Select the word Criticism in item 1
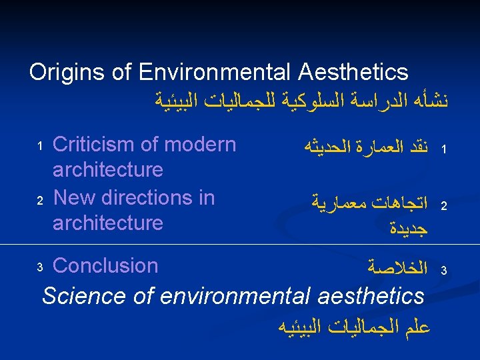[x=100, y=145]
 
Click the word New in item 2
[x=73, y=197]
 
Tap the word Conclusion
[x=105, y=265]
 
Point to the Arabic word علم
[x=415, y=327]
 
